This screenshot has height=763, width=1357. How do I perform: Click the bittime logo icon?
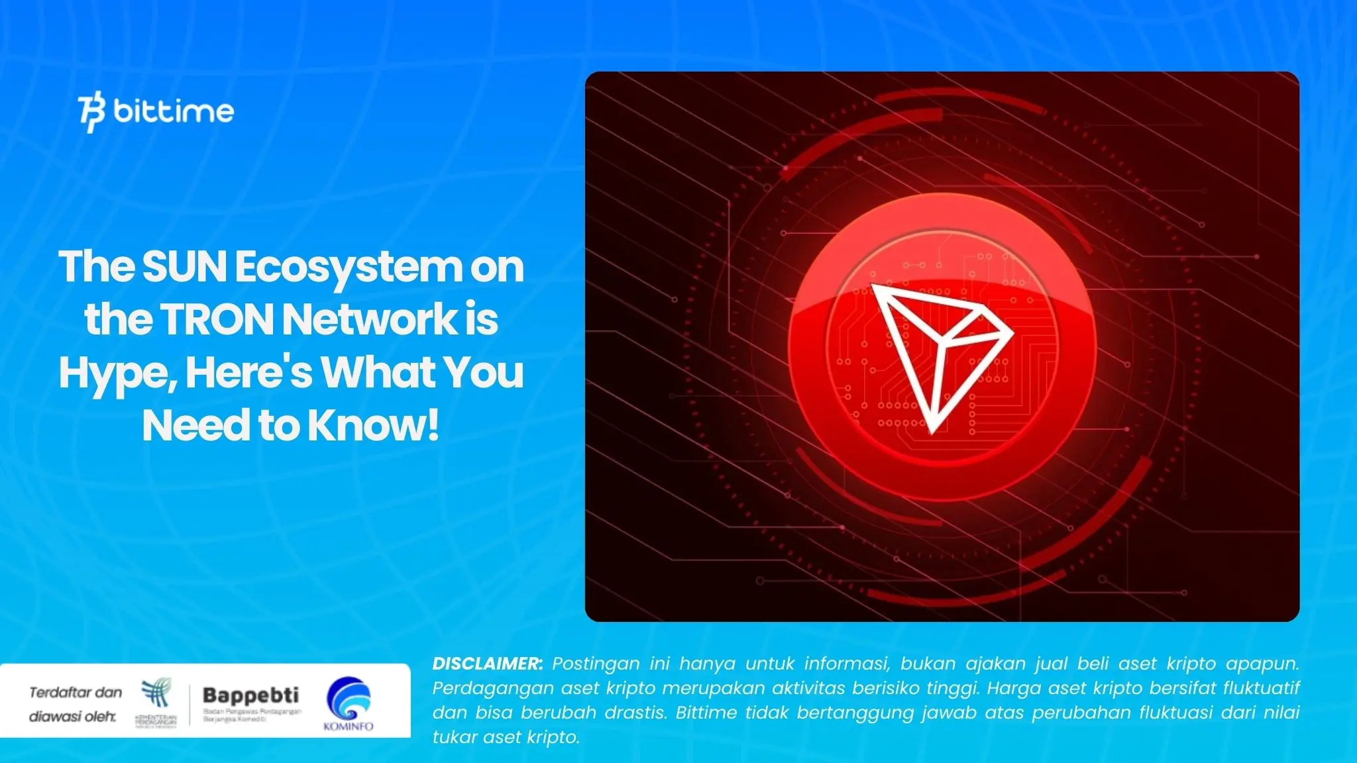(91, 113)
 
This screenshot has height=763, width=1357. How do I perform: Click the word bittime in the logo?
(174, 111)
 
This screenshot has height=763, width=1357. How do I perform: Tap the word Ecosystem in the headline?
(349, 267)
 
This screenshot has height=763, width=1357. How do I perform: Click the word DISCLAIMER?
(488, 664)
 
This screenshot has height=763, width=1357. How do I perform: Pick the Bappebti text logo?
(250, 695)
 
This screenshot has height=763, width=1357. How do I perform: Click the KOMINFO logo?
(349, 703)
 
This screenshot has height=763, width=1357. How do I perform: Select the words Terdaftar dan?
(76, 693)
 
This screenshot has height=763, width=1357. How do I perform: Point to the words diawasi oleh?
(72, 717)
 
